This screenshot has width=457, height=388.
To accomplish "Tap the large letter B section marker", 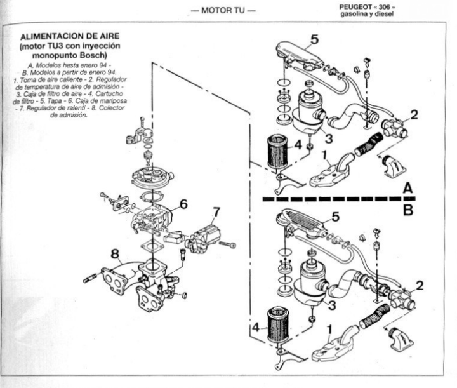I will (x=408, y=208).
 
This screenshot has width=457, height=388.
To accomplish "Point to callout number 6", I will (x=183, y=204).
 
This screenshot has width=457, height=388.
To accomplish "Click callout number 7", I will (x=216, y=211).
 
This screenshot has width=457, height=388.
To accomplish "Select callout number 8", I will (x=115, y=255).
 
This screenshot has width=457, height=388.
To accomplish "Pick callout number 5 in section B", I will (x=336, y=218).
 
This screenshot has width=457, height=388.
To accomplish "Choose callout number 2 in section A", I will (x=413, y=115).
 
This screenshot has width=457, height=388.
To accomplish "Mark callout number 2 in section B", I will (x=419, y=286).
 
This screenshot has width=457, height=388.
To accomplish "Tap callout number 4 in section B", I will (x=256, y=329).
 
